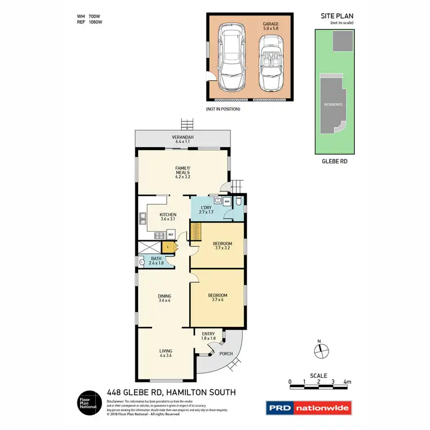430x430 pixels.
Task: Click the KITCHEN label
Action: point(168,217)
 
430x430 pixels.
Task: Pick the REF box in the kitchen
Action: point(170,234)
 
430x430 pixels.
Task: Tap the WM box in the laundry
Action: point(226,202)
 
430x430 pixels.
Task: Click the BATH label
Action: point(157,261)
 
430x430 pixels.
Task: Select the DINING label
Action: point(165,298)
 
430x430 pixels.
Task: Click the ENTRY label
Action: point(208,336)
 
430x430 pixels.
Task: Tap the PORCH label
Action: point(226,354)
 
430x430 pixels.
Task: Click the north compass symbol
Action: point(322,350)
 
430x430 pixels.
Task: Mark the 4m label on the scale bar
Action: point(347,381)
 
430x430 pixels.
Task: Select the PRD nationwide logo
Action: point(308,408)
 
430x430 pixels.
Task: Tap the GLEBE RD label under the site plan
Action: point(334,162)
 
